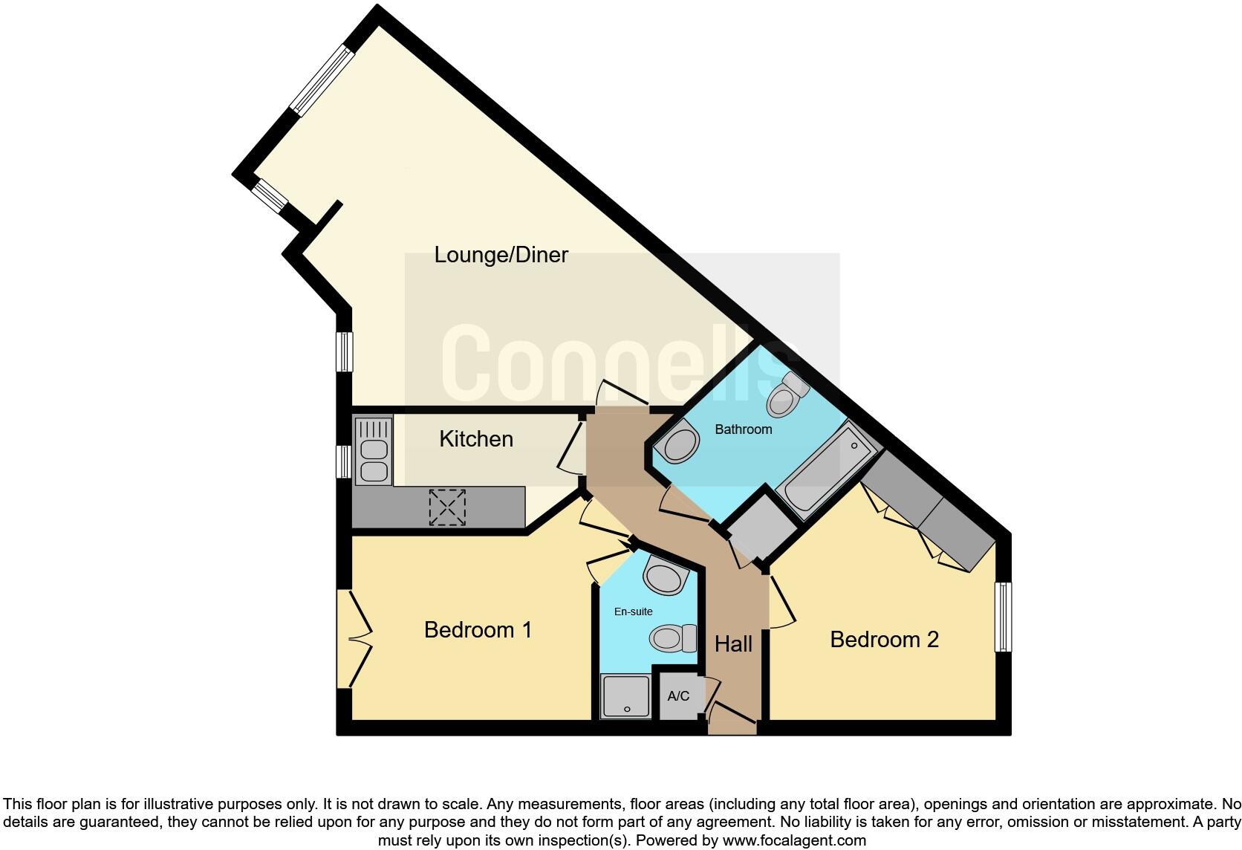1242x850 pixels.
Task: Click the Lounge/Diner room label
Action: point(501,255)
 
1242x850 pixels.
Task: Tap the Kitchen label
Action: point(476,439)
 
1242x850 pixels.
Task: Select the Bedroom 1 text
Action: point(478,630)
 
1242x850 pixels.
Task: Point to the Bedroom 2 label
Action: point(884,640)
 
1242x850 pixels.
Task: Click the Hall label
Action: point(733,644)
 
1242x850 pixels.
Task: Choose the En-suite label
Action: point(633,611)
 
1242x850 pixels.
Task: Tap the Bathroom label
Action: point(743,429)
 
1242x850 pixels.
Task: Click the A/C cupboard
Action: point(678,696)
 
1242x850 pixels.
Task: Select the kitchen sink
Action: point(373,451)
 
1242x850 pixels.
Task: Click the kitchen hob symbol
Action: point(447,507)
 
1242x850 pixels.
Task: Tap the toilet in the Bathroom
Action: point(786,395)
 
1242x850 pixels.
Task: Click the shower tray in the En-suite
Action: point(625,696)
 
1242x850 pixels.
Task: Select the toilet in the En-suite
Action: point(673,637)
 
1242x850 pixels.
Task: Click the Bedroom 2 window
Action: point(1004,616)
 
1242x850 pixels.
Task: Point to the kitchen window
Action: point(343,461)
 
